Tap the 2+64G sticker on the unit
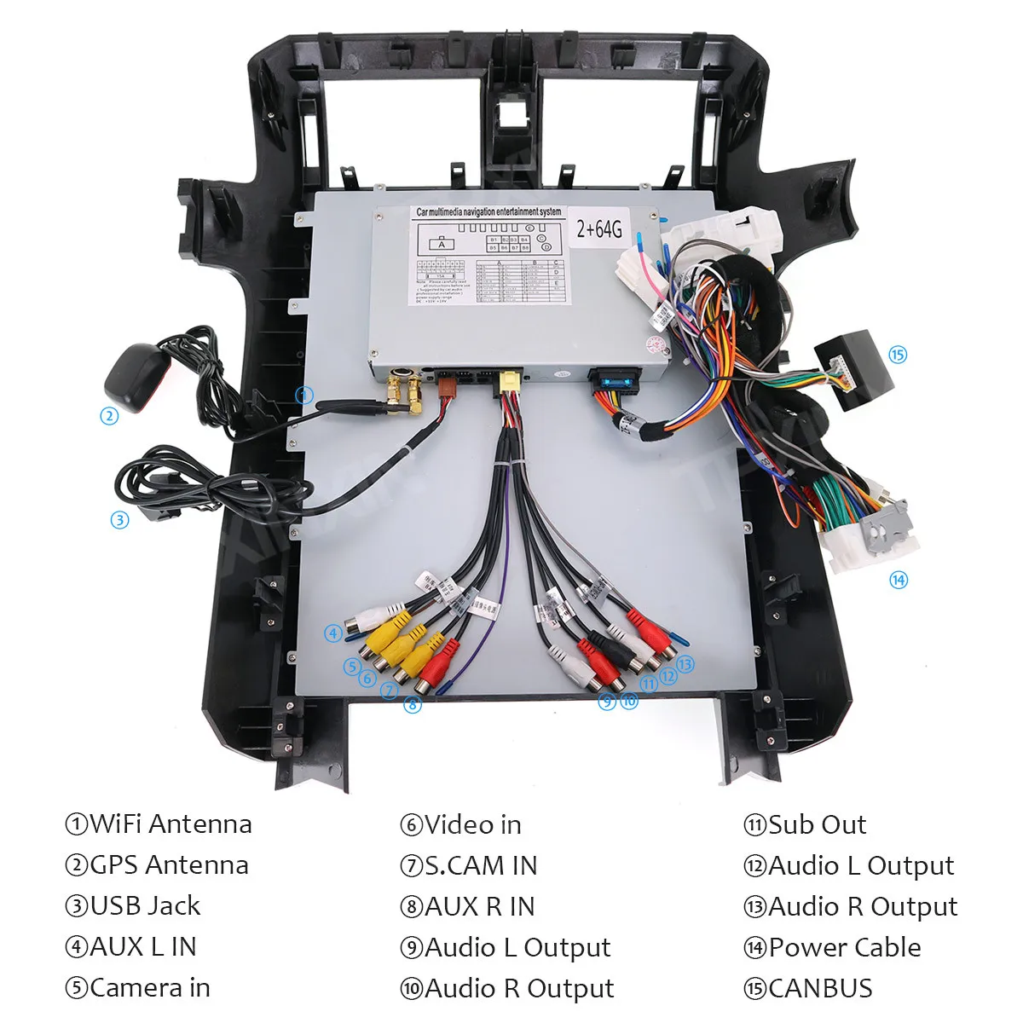599,228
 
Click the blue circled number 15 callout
898,355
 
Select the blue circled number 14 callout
899,581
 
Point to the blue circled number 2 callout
108,416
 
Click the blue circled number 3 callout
119,519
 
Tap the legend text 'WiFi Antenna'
170,824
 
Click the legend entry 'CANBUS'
819,988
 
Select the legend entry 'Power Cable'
844,947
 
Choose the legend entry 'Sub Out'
816,824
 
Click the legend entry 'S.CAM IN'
480,865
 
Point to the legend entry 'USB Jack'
144,905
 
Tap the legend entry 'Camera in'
149,988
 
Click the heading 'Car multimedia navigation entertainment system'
488,211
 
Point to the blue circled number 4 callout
333,633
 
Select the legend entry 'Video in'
472,824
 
